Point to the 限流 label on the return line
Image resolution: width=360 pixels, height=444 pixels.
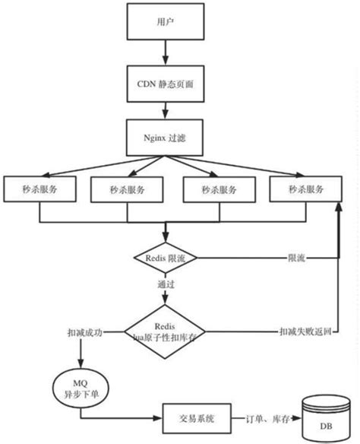tap(296, 258)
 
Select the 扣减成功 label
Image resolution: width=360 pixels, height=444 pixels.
tap(84, 332)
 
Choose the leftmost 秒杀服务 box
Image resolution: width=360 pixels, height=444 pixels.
tap(39, 189)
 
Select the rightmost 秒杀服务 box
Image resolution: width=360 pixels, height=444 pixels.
tap(302, 189)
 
